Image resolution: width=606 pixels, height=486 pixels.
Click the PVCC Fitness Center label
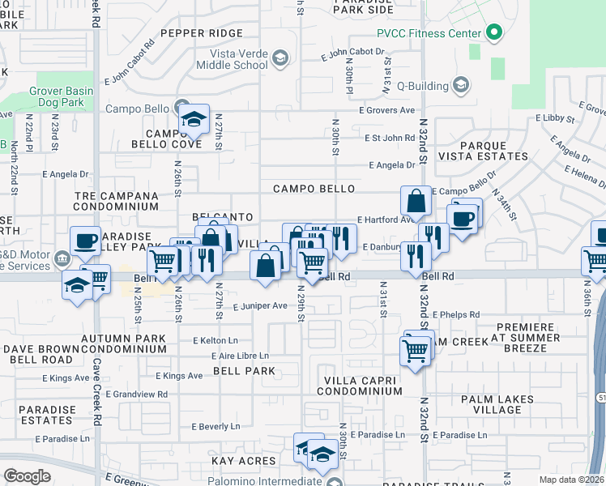coord(429,33)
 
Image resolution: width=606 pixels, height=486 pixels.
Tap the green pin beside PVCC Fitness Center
coord(493,33)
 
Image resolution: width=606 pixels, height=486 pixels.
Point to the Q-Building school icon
coord(460,84)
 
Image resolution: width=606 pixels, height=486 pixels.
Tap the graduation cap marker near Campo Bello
coord(194,119)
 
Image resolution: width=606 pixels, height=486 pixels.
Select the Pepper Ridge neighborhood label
coord(201,33)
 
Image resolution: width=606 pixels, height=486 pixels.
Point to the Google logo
coord(27,476)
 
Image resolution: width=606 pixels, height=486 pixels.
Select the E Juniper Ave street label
coord(260,306)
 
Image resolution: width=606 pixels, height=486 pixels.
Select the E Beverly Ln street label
coord(216,426)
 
